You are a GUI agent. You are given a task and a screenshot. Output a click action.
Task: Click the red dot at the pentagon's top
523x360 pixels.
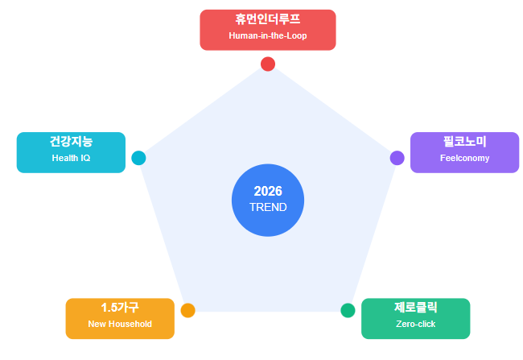point(268,64)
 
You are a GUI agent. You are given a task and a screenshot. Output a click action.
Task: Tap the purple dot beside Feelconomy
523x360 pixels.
point(397,158)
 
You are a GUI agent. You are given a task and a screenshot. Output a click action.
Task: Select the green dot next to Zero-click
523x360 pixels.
point(348,310)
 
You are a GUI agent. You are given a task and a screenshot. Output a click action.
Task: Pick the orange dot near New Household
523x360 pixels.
point(188,310)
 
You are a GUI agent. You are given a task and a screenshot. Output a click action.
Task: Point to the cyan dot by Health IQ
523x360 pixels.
point(138,158)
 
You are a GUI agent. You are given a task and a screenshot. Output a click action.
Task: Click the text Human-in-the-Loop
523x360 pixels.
point(268,37)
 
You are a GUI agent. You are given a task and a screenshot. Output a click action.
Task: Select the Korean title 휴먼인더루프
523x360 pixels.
point(268,21)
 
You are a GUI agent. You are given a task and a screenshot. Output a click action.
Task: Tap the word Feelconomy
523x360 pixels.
point(464,158)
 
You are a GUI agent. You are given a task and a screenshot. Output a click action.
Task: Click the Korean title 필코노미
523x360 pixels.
point(464,142)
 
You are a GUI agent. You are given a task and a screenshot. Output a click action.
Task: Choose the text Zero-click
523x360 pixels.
point(415,324)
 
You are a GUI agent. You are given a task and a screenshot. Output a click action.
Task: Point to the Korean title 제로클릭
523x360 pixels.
point(415,308)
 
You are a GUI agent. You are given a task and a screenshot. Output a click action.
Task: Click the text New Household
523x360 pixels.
point(120,324)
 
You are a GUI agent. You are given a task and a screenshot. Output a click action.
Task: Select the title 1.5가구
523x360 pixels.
point(120,308)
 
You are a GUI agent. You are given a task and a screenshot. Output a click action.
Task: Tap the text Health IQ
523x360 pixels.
point(71,158)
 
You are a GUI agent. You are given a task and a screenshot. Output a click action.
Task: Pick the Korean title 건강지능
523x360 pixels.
point(71,142)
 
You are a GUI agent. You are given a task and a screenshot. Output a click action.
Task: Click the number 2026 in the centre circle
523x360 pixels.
point(268,191)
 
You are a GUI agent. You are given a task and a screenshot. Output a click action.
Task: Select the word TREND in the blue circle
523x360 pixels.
point(268,207)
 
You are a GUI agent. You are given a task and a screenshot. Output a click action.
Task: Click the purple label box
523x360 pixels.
point(464,152)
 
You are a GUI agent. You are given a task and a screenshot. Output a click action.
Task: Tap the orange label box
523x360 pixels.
point(120,318)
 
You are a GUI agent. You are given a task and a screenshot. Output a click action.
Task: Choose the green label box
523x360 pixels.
point(415,318)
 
